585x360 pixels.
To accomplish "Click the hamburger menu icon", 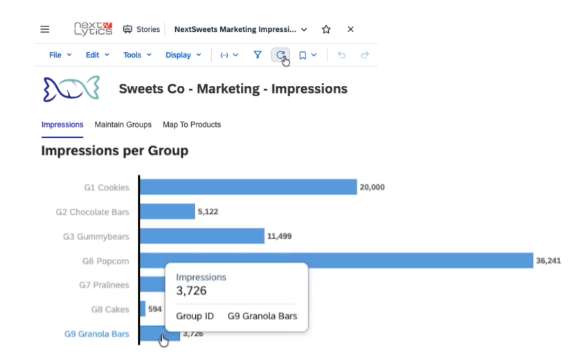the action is tap(45, 29).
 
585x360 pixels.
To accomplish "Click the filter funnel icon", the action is tap(258, 55).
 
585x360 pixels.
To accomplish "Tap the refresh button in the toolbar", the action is tap(280, 55).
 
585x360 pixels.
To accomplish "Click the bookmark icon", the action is tap(303, 55).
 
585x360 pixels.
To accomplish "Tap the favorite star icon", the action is tap(326, 29).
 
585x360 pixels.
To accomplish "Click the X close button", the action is tap(350, 29).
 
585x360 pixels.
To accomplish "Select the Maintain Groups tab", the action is tap(123, 125).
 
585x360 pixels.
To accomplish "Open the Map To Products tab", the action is tap(192, 125).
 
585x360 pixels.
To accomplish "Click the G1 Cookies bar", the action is tap(249, 187).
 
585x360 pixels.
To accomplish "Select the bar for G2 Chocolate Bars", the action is tap(168, 212).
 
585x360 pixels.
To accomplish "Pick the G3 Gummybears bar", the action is tap(202, 236).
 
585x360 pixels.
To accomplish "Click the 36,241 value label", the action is tap(548, 261).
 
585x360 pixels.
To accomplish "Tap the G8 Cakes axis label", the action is tap(110, 309).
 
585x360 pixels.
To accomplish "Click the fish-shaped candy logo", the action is tap(71, 89).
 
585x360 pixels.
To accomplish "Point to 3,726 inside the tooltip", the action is tap(191, 291).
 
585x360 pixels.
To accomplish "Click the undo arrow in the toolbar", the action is tap(341, 55).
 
